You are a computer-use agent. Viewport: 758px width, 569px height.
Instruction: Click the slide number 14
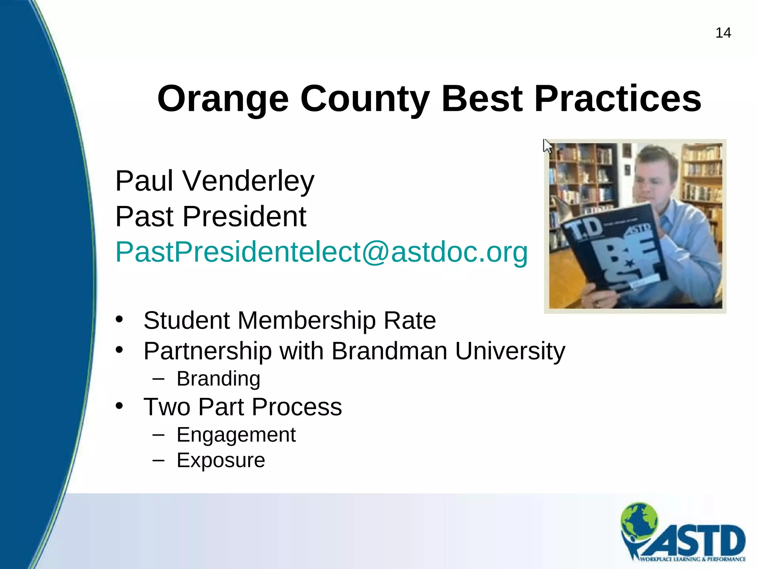[x=723, y=33]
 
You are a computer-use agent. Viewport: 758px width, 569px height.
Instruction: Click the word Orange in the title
[x=222, y=99]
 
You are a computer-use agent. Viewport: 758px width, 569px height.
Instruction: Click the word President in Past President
[x=244, y=217]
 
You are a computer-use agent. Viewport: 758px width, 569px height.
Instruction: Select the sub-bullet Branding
[x=218, y=379]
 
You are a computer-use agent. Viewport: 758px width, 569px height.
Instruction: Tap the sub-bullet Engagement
[x=236, y=435]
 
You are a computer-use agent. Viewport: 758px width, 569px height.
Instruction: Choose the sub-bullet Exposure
[x=221, y=460]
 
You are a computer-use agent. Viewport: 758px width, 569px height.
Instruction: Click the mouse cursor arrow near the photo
[x=547, y=146]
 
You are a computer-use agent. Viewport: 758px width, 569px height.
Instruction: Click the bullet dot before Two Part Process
[x=119, y=406]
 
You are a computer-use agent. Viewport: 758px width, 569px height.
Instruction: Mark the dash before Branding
[x=158, y=379]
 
